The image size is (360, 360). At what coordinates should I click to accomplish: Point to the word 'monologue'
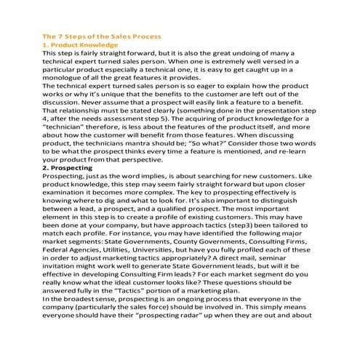tap(65, 77)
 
